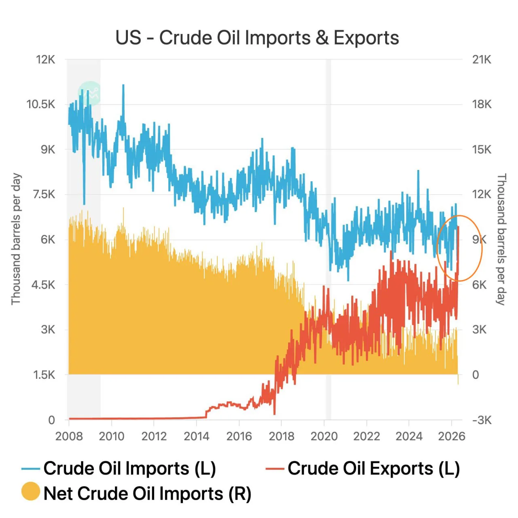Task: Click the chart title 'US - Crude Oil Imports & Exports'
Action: tap(257, 38)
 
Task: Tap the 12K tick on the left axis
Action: tap(45, 59)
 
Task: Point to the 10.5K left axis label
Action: tap(40, 104)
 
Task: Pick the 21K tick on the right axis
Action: tap(482, 59)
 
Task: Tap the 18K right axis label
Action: tap(482, 104)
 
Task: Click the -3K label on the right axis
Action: tap(482, 420)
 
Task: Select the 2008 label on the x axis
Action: tap(69, 436)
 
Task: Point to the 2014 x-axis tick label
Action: tap(197, 436)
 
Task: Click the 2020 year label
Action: tap(324, 436)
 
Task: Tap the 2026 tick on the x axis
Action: tap(452, 436)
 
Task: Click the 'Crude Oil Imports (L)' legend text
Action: tap(129, 469)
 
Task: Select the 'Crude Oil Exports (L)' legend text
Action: tap(374, 469)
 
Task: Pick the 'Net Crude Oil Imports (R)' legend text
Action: tap(147, 494)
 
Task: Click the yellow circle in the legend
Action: tap(31, 491)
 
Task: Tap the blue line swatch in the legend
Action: tap(31, 469)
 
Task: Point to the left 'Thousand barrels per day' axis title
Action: tap(16, 239)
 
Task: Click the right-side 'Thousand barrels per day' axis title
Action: tap(501, 239)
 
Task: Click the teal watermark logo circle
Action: tap(89, 93)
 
